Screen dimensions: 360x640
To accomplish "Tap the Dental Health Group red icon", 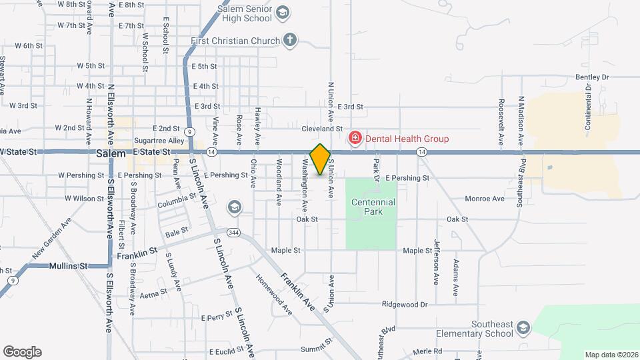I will coord(355,138).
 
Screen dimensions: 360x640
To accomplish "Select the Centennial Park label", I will coord(373,207).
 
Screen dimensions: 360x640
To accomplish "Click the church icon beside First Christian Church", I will coord(289,40).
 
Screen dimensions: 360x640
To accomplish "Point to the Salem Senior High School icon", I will coord(282,13).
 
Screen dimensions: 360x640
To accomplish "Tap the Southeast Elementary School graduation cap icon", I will coord(523,327).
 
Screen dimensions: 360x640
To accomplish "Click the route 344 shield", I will coord(233,233).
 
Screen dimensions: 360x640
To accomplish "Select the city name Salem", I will coord(111,153).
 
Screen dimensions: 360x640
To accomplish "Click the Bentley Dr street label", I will coord(592,77).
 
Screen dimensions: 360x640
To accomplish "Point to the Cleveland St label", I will coord(321,129).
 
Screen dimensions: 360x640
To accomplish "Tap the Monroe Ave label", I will coord(485,199).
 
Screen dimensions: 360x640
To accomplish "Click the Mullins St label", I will coord(69,265).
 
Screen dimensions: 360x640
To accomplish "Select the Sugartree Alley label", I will coord(159,141).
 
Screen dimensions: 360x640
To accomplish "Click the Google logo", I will coord(22,352).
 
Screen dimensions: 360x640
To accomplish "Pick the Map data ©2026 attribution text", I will coord(611,355).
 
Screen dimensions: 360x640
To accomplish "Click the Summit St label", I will coord(316,347).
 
